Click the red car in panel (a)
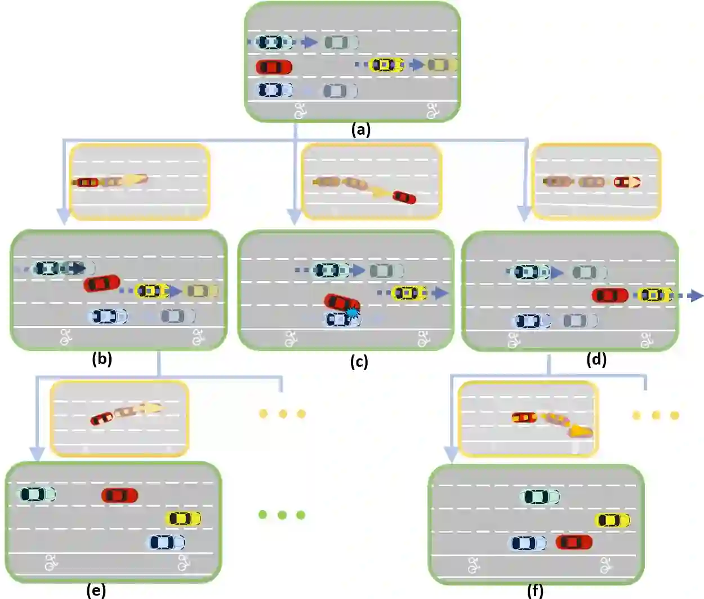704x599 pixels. (x=274, y=67)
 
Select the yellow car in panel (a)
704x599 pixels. (x=387, y=65)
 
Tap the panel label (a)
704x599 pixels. (x=360, y=130)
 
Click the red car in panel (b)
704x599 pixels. (x=102, y=283)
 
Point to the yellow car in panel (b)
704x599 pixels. (x=153, y=291)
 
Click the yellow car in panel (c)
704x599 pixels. (x=409, y=293)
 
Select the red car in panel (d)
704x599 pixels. (x=610, y=295)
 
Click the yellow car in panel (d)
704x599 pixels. (x=655, y=295)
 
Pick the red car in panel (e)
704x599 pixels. (x=119, y=495)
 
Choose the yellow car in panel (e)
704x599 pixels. (x=183, y=518)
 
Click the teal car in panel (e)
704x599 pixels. (x=38, y=494)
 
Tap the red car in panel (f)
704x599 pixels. (x=574, y=542)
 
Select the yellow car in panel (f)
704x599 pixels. (x=613, y=520)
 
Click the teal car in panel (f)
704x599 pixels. (x=541, y=496)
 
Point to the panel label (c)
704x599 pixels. (x=359, y=361)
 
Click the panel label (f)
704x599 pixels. (x=535, y=591)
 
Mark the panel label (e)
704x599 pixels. (x=96, y=590)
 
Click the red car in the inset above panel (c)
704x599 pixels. (x=404, y=197)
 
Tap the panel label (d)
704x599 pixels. (x=596, y=359)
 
